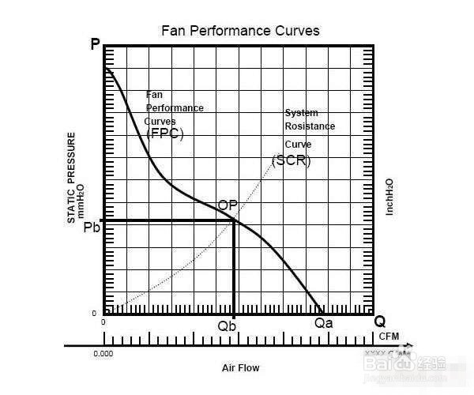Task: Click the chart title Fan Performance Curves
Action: click(240, 32)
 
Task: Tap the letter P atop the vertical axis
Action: click(95, 45)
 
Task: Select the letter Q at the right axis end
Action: click(380, 322)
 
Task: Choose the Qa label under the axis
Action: click(324, 322)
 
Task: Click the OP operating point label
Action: click(228, 205)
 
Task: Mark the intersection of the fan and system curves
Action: click(234, 220)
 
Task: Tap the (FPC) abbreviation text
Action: click(164, 134)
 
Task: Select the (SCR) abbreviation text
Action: click(291, 160)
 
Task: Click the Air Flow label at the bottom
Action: click(240, 368)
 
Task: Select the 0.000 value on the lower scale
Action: click(103, 354)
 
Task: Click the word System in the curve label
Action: click(301, 113)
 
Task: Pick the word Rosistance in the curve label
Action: click(310, 126)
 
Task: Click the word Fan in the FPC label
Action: click(154, 95)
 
